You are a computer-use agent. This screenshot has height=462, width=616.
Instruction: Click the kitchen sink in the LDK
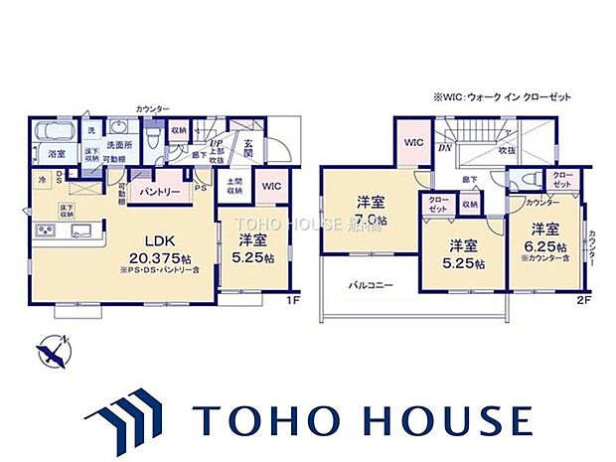[x=81, y=231]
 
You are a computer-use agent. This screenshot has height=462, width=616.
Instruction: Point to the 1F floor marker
[x=293, y=298]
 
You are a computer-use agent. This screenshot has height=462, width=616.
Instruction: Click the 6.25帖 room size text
[x=548, y=247]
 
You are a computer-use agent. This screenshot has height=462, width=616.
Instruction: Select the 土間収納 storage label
[x=234, y=189]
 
